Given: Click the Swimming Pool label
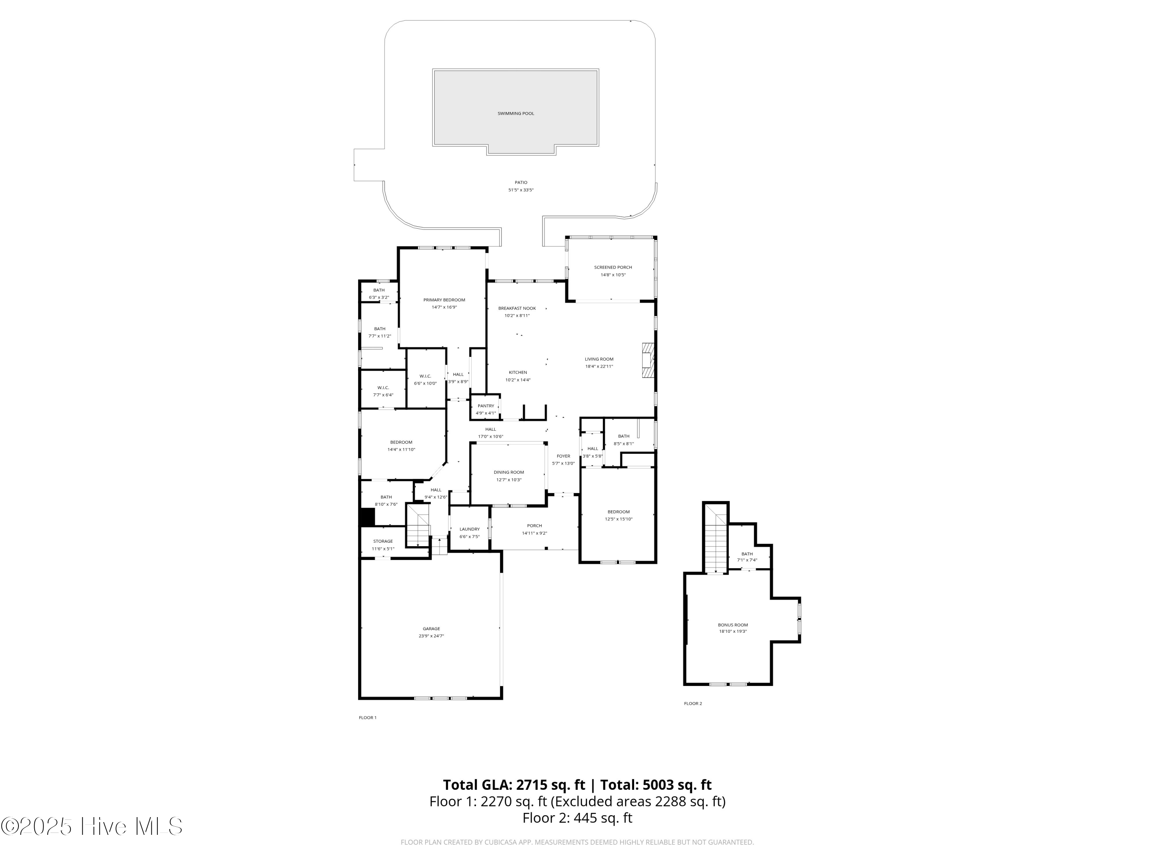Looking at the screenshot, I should (516, 113).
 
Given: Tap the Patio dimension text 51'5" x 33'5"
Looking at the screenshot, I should (521, 190).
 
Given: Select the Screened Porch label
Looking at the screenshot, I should (613, 267).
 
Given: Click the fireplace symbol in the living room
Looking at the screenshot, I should (648, 360).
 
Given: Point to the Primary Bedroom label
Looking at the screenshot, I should (444, 300).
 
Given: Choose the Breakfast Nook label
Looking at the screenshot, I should (516, 309).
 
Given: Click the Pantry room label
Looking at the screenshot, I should (485, 406).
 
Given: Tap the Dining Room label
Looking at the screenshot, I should (509, 472).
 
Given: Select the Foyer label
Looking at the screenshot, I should (563, 456).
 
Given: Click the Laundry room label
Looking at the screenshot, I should (469, 529).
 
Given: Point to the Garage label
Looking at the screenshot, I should (431, 629).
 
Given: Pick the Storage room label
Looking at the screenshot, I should (383, 541).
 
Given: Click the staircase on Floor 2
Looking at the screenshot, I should (715, 543).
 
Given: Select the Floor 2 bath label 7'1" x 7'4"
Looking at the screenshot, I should (747, 560).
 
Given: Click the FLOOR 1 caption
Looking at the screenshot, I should (367, 718).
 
